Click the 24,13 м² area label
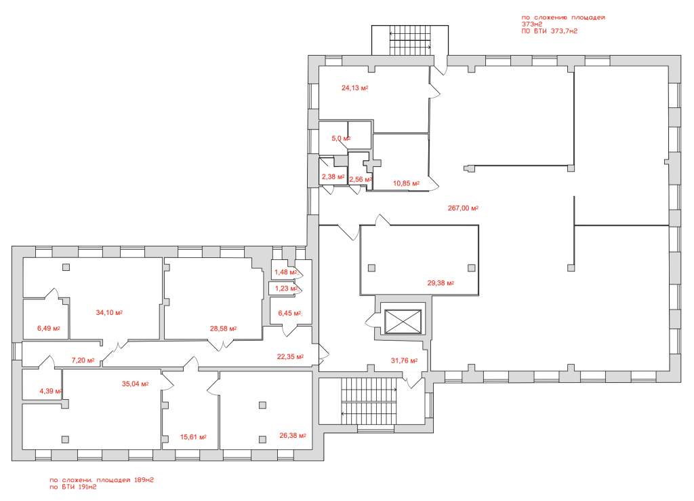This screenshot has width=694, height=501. point(354,88)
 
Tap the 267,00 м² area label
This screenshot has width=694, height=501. point(463,208)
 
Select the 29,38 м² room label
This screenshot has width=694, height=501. point(441,283)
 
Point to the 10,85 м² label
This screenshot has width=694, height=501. point(407,183)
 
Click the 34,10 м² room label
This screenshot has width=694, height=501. point(109,312)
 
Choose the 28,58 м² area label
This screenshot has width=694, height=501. point(223,329)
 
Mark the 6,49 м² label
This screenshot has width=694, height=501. point(49,329)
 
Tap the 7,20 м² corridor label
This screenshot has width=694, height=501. point(83,360)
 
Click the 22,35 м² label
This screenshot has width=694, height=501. point(290,356)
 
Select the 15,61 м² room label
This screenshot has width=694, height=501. point(193,437)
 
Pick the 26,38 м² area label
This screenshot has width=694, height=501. point(293,436)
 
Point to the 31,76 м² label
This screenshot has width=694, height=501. point(404,361)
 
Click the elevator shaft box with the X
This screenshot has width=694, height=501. point(403,321)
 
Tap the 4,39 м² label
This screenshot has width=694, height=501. point(50,391)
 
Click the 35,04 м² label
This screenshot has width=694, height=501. point(135,384)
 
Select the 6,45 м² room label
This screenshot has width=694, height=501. point(290,314)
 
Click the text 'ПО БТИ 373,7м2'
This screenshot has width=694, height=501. point(549,31)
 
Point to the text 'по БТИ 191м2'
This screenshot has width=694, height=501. point(73,487)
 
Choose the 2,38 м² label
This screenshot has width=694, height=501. point(333,177)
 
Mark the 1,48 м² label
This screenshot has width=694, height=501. point(286,272)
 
